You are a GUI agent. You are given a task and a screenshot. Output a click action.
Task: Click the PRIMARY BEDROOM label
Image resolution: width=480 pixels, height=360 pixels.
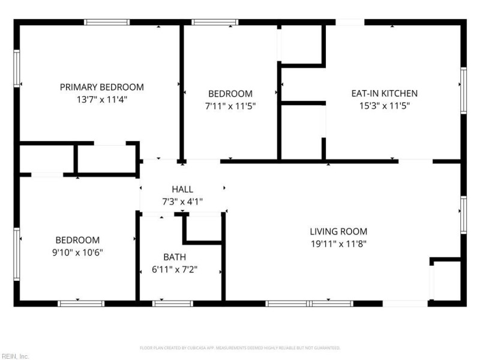(x=101, y=87)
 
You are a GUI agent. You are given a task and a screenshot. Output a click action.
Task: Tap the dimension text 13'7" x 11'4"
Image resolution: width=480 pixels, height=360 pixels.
(x=101, y=100)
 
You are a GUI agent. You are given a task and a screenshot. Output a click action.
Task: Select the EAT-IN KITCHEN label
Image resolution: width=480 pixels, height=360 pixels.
(x=384, y=93)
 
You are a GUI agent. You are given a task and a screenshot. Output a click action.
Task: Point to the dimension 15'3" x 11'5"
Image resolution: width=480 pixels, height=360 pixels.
(x=384, y=106)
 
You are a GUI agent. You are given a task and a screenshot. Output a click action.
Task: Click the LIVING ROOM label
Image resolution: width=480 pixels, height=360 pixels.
(x=338, y=231)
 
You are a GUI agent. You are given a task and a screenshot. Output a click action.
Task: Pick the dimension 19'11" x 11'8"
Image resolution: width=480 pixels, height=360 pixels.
(x=338, y=244)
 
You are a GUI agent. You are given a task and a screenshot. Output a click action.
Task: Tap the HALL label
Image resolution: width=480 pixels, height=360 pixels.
(x=182, y=190)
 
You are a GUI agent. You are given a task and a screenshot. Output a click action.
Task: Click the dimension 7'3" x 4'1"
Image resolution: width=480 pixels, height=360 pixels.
(x=182, y=202)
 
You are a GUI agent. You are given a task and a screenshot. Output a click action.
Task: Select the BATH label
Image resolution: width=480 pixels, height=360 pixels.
(x=175, y=257)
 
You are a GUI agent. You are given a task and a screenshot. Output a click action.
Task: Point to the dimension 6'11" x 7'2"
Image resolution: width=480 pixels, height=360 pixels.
(x=175, y=269)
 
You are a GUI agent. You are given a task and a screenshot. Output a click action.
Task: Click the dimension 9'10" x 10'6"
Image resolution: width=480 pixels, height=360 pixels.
(x=78, y=253)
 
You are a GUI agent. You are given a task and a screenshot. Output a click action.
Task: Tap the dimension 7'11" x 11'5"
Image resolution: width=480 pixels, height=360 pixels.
(x=230, y=106)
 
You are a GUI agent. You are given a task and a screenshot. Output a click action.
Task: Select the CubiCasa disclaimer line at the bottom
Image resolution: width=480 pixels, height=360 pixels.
(x=240, y=347)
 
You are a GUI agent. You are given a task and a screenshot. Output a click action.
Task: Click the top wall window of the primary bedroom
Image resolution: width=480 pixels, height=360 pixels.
(x=107, y=22)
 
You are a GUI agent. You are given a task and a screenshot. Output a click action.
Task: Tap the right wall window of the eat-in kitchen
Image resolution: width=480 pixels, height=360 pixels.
(x=463, y=90)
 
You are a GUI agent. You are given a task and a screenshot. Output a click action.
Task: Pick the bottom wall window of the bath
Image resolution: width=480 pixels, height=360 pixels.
(x=173, y=304)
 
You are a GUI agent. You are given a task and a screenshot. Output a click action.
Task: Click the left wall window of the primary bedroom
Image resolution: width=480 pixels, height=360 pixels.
(x=17, y=68)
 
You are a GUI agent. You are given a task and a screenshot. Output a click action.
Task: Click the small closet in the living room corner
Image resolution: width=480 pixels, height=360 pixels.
(x=446, y=280)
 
